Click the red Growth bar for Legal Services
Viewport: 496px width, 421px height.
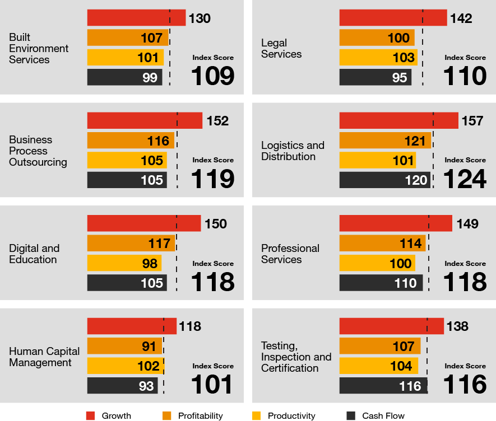tap(393, 18)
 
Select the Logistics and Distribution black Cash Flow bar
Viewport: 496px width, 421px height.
tap(384, 180)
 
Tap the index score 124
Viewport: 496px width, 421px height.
tap(465, 179)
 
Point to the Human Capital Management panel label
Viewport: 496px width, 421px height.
tap(44, 357)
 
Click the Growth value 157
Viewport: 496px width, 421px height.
tap(472, 121)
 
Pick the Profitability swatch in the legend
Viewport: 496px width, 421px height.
tap(167, 415)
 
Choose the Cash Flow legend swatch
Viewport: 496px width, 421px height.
tap(351, 415)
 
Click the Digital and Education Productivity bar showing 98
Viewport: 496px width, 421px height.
tap(124, 263)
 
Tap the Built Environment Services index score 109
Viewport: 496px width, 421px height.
tap(213, 76)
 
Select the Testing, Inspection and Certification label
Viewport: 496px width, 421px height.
tap(296, 357)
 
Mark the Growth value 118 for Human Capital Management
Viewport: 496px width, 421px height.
tap(190, 326)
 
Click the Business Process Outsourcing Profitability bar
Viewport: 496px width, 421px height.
tap(131, 141)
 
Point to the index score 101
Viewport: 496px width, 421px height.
tap(212, 385)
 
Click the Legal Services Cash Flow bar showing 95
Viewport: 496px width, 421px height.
tap(375, 77)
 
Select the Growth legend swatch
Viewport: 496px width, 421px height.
tap(90, 415)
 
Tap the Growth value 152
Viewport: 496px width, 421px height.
tap(217, 121)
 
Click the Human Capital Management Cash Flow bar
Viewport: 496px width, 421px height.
tap(122, 385)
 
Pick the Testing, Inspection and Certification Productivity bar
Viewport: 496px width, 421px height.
tap(378, 366)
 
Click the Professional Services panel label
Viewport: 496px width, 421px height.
tap(290, 254)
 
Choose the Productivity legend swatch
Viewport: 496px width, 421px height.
tap(257, 415)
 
